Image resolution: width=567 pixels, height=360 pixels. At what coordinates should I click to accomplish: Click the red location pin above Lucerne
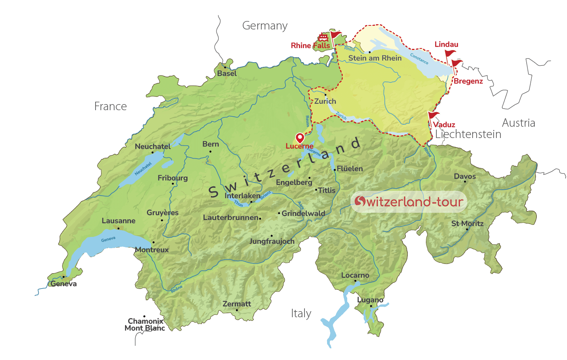pos(300,138)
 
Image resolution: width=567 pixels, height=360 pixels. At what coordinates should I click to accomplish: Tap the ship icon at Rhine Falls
pos(323,38)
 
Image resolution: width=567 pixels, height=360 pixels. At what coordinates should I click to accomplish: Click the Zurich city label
pos(325,101)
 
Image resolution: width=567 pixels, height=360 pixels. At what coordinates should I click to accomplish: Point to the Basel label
pos(227,73)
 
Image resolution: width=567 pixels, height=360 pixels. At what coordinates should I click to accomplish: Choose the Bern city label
pos(211,144)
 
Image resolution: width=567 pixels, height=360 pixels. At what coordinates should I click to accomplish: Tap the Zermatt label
pos(237,304)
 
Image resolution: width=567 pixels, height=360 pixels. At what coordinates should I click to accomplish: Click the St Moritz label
pos(467,224)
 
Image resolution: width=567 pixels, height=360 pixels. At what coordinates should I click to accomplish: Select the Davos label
pos(465,176)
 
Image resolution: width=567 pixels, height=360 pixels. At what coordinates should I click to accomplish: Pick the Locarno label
pos(355,275)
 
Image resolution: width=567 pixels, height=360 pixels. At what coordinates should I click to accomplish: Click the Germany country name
pos(265,26)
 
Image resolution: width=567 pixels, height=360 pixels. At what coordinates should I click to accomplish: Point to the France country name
pos(110,107)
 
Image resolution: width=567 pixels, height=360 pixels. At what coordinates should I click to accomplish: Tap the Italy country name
pos(301,314)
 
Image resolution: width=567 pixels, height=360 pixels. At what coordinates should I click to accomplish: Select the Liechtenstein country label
pos(468,134)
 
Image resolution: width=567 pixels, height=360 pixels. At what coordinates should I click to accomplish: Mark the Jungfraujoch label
pos(272,241)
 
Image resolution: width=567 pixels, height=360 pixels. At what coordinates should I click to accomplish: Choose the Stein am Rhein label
pos(375,58)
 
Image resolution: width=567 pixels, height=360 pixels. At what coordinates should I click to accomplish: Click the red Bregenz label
pos(468,81)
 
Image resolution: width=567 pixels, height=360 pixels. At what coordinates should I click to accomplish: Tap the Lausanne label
pos(119,221)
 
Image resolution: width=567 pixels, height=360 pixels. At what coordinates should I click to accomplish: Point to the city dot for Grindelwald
pos(279,213)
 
